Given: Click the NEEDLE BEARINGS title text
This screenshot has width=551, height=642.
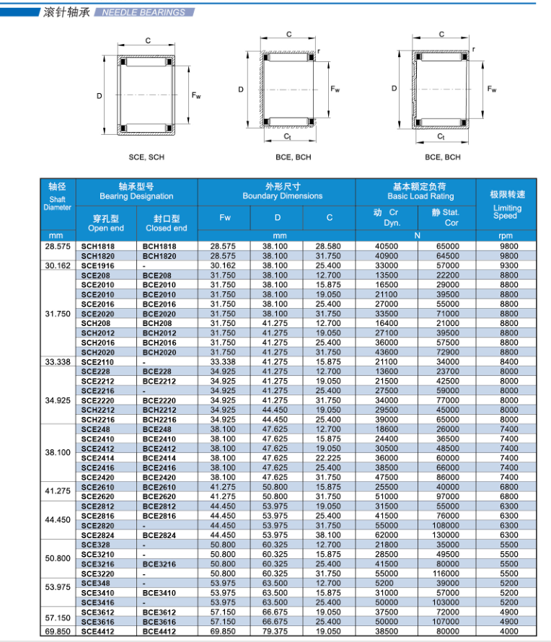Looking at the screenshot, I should click(144, 12).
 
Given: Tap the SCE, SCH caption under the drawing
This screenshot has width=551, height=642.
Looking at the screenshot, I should click(146, 157).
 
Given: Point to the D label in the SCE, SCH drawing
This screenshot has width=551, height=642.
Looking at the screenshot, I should click(100, 96).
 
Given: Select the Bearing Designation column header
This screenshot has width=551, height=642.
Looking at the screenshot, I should click(136, 196).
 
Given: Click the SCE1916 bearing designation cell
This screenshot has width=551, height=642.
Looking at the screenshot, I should click(96, 265).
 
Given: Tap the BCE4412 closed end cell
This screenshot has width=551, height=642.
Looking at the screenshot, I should click(157, 631).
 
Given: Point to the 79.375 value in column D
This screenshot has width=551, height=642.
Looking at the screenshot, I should click(275, 631).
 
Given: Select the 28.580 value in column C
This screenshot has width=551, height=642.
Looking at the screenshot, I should click(328, 246).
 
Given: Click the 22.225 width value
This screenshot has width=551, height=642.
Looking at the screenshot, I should click(328, 458).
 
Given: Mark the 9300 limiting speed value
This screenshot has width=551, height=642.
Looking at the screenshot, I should click(509, 265).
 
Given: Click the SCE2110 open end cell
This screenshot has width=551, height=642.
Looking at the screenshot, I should click(96, 361).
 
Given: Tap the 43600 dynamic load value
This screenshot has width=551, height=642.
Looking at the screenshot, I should click(387, 352).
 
